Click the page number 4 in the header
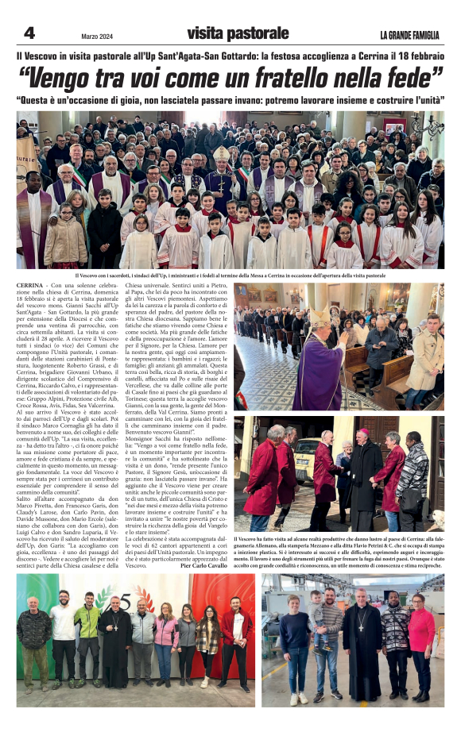coord(29,33)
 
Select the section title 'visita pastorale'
coord(238,33)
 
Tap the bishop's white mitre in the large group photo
coord(220,154)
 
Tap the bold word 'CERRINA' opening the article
coord(30,283)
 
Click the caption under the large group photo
coord(230,275)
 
